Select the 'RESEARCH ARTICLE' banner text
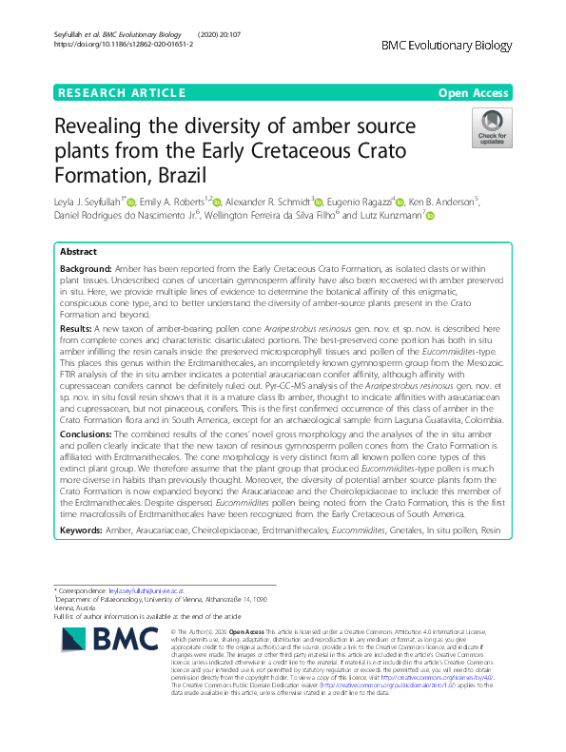coord(121,92)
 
